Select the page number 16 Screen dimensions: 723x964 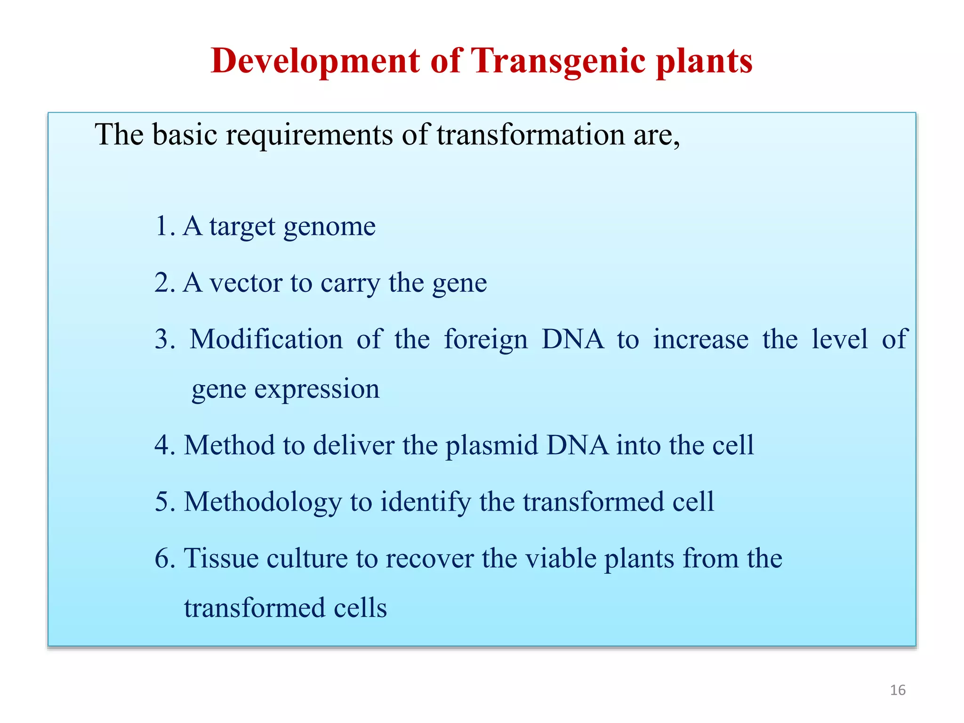tap(898, 690)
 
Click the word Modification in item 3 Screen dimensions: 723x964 tap(266, 339)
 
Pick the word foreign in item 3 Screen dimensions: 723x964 tap(486, 340)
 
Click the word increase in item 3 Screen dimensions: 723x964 tap(700, 339)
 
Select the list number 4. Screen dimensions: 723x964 tap(163, 445)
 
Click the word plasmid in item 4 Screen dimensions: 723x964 tap(491, 446)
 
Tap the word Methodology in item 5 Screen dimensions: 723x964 tap(263, 502)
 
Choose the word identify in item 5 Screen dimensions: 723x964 tap(425, 502)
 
